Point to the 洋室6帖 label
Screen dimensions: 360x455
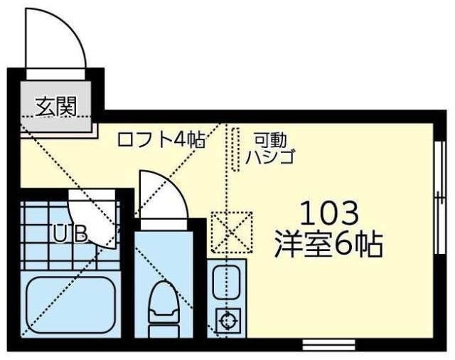(328, 244)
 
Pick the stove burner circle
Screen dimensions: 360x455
(227, 322)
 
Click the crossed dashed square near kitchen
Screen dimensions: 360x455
(232, 232)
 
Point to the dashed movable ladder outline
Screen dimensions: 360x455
(235, 149)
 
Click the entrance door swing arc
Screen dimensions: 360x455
(57, 39)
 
